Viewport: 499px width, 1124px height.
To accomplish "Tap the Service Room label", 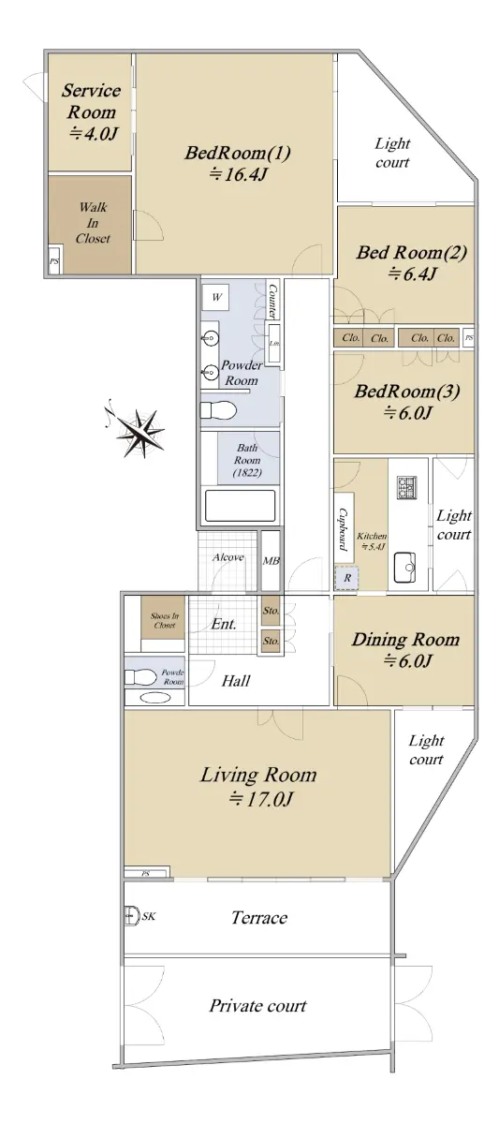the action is (91, 101).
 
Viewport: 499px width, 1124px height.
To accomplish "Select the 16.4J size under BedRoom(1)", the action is (237, 174).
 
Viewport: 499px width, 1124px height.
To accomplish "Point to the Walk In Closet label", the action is (93, 223).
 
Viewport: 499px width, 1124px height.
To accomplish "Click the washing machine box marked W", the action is (215, 297).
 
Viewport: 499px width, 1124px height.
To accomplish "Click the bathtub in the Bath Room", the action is (241, 505).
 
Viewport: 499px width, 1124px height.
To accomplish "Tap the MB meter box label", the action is (271, 560).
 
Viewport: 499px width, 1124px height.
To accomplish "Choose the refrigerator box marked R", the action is (347, 577).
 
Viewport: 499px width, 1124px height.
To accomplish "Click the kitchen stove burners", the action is (406, 487).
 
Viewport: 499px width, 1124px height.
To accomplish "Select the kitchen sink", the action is (404, 568).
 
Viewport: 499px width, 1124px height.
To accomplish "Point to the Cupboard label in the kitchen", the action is (343, 528).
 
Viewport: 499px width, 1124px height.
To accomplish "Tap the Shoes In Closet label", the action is (165, 620).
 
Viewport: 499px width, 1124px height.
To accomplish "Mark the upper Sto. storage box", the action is (271, 610).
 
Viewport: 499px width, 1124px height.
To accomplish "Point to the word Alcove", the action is (228, 557).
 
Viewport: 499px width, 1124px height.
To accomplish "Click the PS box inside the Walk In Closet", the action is (54, 261).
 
